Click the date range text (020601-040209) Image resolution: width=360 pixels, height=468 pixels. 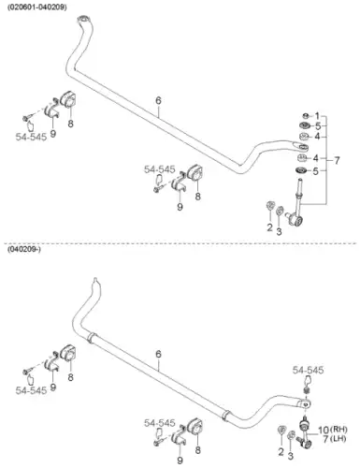(37, 7)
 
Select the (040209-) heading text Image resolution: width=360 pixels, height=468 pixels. (24, 249)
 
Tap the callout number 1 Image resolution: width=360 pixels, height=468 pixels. (317, 116)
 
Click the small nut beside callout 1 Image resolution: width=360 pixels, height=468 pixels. (306, 116)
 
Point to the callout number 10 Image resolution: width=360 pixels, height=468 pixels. (324, 431)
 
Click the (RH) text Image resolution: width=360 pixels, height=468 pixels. (338, 430)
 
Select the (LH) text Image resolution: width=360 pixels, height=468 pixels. (338, 439)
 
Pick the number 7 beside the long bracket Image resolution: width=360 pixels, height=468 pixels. (337, 161)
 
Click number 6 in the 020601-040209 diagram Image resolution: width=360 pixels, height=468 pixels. (158, 101)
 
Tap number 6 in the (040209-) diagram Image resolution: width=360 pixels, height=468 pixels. (158, 355)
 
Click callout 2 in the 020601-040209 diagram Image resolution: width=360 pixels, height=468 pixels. (269, 227)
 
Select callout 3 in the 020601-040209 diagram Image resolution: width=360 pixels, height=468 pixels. (279, 232)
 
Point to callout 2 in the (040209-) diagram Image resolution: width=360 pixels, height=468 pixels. (281, 451)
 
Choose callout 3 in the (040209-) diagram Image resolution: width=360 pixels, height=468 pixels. (291, 456)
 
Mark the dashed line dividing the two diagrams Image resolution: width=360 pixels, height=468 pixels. (180, 242)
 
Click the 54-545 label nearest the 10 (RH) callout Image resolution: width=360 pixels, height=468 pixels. (308, 371)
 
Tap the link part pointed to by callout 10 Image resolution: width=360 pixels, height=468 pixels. (305, 432)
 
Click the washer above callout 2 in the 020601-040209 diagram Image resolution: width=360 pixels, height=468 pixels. (270, 206)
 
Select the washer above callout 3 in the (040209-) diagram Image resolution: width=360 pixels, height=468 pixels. (291, 435)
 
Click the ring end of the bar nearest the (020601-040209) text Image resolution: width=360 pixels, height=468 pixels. (84, 19)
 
